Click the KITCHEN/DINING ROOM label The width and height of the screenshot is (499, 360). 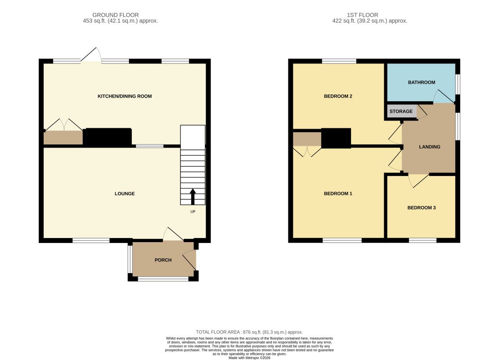[125, 96]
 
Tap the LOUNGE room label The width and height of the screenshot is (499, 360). [125, 193]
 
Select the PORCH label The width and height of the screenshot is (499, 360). [163, 260]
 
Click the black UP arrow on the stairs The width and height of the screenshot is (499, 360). [193, 197]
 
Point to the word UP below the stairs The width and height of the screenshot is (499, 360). [193, 211]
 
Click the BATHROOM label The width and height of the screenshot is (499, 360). [421, 82]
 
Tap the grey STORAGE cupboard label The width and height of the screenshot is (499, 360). [401, 111]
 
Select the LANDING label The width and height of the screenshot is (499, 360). [429, 147]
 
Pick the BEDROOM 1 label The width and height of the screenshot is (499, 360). [338, 193]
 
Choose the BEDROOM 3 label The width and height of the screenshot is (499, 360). [421, 208]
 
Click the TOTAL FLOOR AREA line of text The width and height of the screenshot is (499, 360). [249, 332]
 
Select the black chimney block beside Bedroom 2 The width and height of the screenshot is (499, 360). [336, 138]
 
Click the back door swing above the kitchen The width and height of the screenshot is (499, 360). [92, 55]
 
